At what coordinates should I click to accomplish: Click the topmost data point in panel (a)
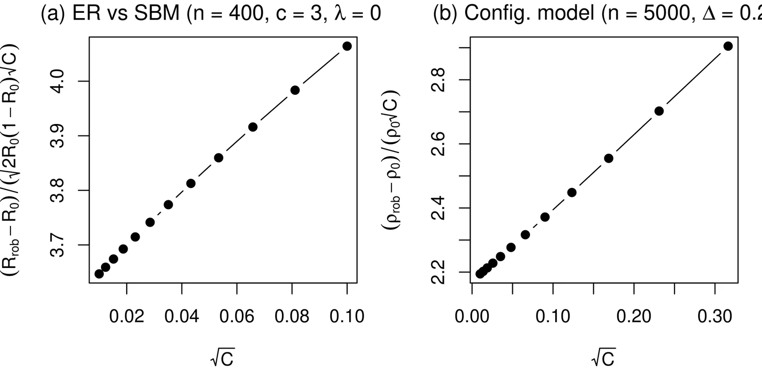[x=347, y=46]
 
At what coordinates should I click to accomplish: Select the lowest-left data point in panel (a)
[x=99, y=274]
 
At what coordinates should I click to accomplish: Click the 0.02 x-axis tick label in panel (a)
[x=127, y=316]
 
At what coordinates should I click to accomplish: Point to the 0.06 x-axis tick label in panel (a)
[x=237, y=316]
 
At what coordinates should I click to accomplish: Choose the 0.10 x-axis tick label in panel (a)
[x=347, y=316]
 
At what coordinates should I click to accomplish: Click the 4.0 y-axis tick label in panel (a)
[x=58, y=81]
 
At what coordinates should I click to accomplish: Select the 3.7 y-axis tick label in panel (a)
[x=58, y=245]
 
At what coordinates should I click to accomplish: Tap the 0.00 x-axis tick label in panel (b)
[x=472, y=316]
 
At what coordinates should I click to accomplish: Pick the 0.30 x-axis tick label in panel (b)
[x=714, y=316]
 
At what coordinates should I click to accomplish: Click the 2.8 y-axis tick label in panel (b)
[x=439, y=80]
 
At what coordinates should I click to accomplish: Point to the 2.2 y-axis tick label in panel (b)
[x=439, y=272]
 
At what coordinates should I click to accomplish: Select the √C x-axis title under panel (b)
[x=604, y=358]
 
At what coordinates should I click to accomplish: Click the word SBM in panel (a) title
[x=158, y=13]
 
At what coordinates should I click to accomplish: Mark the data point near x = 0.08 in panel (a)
[x=295, y=90]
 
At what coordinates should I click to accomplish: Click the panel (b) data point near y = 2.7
[x=659, y=111]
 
